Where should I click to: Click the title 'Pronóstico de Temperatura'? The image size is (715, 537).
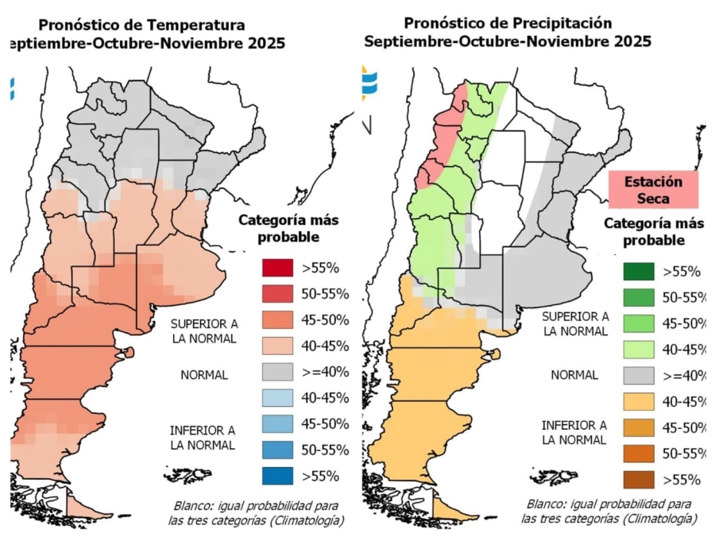141,25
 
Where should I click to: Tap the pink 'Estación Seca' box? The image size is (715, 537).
652,190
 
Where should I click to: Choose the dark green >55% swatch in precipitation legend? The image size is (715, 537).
638,272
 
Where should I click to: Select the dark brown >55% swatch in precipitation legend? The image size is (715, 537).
638,479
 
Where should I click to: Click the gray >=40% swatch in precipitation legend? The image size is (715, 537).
638,375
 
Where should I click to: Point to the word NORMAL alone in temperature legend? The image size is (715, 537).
203,375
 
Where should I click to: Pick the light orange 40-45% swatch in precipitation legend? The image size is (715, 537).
638,401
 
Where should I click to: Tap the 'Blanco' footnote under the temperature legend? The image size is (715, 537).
258,513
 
